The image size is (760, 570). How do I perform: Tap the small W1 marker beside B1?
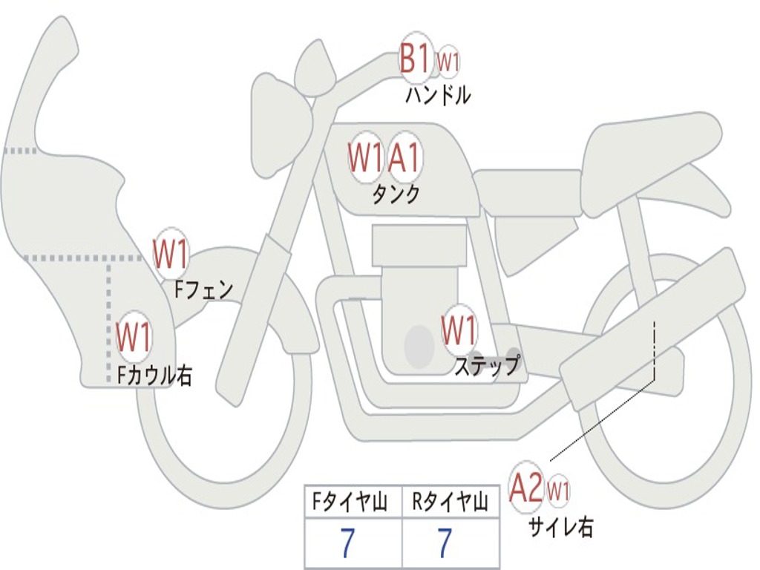[x=448, y=62]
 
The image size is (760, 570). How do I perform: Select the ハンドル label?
[x=438, y=96]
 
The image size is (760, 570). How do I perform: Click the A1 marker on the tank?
[x=404, y=157]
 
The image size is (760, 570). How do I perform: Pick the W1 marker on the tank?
[x=366, y=157]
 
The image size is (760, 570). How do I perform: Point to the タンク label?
[x=396, y=194]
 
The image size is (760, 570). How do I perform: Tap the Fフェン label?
[x=204, y=289]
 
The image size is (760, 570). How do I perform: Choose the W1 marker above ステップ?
[x=459, y=330]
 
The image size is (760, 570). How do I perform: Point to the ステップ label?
[x=488, y=365]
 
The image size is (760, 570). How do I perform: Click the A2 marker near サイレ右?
[x=526, y=489]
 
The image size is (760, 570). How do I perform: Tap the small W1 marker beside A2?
[x=558, y=491]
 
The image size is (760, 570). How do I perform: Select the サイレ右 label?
[x=561, y=527]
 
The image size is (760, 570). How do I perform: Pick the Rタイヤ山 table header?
[x=451, y=503]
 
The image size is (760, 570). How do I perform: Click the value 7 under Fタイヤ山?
[x=347, y=544]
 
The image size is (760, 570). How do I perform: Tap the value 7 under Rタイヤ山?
[x=445, y=544]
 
